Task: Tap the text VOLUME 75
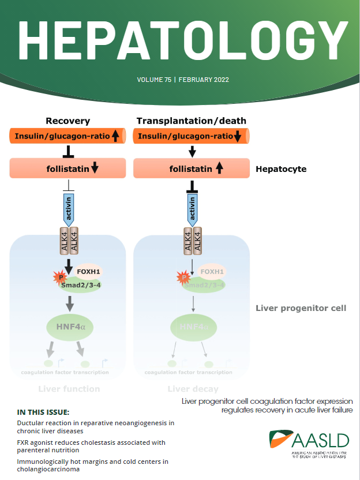(x=154, y=80)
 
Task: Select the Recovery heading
(x=68, y=121)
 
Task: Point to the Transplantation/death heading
(x=191, y=121)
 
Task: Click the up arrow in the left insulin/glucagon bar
(x=115, y=137)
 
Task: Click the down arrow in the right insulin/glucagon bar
(x=238, y=137)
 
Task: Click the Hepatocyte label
(x=281, y=169)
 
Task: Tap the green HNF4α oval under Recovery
(x=69, y=327)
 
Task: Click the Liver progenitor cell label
(x=301, y=308)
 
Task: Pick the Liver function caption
(x=69, y=389)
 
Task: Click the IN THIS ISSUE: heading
(x=43, y=412)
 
